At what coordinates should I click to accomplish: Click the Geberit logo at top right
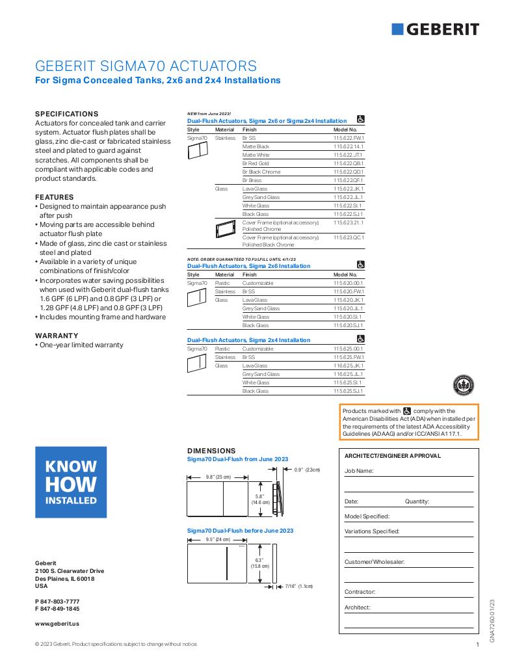[436, 29]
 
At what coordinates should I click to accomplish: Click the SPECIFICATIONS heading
[66, 113]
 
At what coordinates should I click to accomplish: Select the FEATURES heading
[54, 197]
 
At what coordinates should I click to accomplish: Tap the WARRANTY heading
[57, 336]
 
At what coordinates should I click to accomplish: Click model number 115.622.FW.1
[349, 139]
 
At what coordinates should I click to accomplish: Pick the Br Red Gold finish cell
[256, 163]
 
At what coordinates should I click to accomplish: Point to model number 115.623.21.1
[349, 222]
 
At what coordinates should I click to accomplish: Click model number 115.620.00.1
[349, 284]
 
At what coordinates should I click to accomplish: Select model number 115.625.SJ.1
[349, 391]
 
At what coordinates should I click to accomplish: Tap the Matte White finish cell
[256, 155]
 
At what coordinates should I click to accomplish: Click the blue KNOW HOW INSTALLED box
[71, 483]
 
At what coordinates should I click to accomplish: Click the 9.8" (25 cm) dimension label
[218, 477]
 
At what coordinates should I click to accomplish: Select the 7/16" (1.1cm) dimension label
[300, 586]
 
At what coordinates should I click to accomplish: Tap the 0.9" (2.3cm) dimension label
[306, 470]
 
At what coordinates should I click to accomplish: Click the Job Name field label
[359, 470]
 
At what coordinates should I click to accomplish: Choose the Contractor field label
[360, 592]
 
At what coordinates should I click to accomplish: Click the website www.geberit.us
[57, 623]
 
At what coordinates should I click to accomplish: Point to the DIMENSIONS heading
[211, 450]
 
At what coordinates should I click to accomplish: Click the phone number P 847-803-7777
[57, 601]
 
